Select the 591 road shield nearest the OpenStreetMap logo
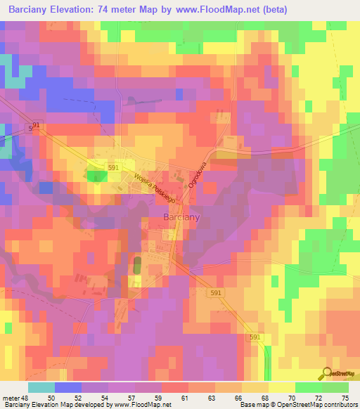tap(257, 337)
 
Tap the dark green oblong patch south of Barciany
tap(137, 267)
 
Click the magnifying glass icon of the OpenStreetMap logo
tap(326, 372)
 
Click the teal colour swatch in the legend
tap(41, 387)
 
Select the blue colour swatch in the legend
tap(67, 387)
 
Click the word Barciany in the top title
tap(32, 9)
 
